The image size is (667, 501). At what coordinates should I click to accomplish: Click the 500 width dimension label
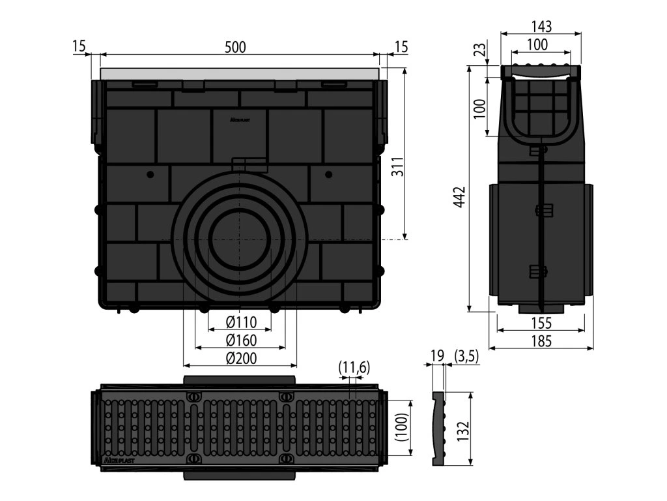coord(235,47)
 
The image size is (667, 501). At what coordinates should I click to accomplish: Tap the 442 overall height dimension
coord(459,196)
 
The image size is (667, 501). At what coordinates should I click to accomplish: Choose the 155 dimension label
coord(541,323)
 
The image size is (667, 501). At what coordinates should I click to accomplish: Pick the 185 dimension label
coord(541,341)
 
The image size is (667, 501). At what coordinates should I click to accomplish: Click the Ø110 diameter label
coord(241,322)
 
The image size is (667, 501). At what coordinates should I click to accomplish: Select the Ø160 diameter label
coord(241,340)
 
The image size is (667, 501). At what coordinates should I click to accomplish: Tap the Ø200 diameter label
coord(241,358)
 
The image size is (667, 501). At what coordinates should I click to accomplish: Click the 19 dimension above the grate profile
coord(437,356)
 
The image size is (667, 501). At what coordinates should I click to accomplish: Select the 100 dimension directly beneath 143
coord(537,45)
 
